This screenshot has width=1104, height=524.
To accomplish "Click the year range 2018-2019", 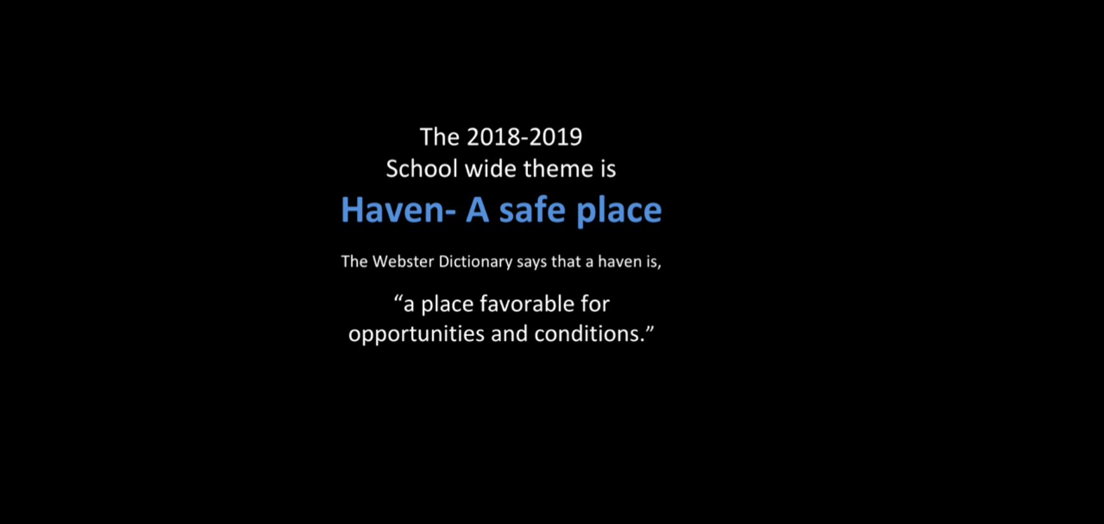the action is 524,137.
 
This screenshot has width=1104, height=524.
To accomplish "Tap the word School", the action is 421,169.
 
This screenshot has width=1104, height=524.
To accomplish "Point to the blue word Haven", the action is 393,210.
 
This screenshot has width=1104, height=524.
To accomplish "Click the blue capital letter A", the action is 478,210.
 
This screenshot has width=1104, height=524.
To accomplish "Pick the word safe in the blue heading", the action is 532,210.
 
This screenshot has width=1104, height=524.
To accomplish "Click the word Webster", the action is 403,261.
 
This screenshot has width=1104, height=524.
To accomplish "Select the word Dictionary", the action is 476,262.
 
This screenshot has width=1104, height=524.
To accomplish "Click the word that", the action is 566,261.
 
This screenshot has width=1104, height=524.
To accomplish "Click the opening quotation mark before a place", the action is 399,298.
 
